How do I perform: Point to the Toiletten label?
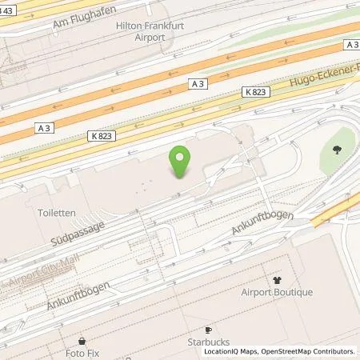[x=55, y=214]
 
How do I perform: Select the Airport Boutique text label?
[x=277, y=292]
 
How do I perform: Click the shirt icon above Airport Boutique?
[x=277, y=280]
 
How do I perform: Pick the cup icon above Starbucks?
[x=209, y=329]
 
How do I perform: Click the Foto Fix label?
[x=82, y=350]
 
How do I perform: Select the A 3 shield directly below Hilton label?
[x=198, y=82]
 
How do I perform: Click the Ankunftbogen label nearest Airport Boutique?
[x=263, y=223]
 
